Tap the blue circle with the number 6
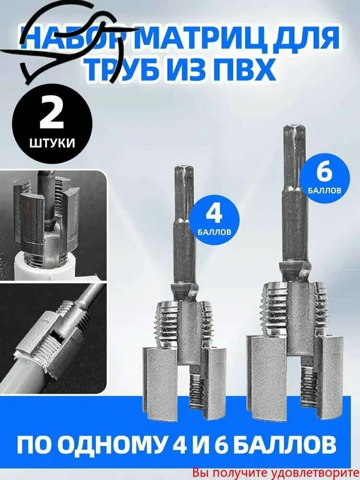point(325,175)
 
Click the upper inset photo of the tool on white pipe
point(53,226)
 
